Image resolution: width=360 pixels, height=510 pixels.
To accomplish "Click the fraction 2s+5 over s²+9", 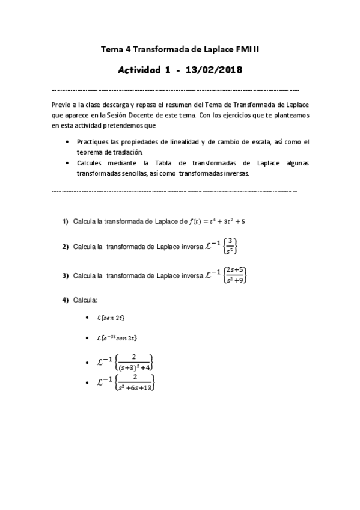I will click(234, 275).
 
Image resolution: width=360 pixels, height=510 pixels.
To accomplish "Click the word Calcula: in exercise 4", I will click(85, 300).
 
